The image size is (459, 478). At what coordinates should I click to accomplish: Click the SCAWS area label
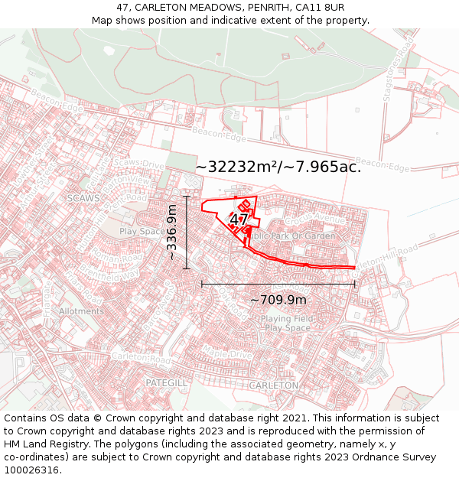pos(84,197)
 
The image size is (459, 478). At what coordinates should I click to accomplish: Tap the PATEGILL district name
pos(166,381)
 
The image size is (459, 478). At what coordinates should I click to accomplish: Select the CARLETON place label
pos(273,385)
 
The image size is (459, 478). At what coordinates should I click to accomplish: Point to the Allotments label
pos(81,311)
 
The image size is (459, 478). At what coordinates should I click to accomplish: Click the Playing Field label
pos(287,318)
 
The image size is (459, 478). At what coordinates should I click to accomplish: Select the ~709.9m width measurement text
pos(278,300)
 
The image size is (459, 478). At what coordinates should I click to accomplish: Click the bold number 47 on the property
pos(238,219)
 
